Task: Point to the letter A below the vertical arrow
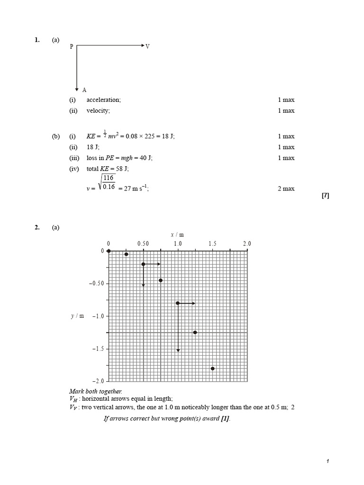pyautogui.click(x=84, y=90)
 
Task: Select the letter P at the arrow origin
pyautogui.click(x=72, y=46)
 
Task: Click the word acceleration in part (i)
pyautogui.click(x=103, y=100)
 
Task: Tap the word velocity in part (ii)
pyautogui.click(x=98, y=111)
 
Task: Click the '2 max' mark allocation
pyautogui.click(x=286, y=189)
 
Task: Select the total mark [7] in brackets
pyautogui.click(x=325, y=196)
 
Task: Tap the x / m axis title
pyautogui.click(x=177, y=234)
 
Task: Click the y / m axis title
pyautogui.click(x=77, y=316)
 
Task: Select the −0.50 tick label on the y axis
pyautogui.click(x=96, y=283)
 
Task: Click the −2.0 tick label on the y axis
pyautogui.click(x=98, y=381)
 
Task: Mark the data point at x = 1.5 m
pyautogui.click(x=213, y=368)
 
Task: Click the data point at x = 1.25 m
pyautogui.click(x=195, y=332)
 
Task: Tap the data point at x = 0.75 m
pyautogui.click(x=161, y=280)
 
